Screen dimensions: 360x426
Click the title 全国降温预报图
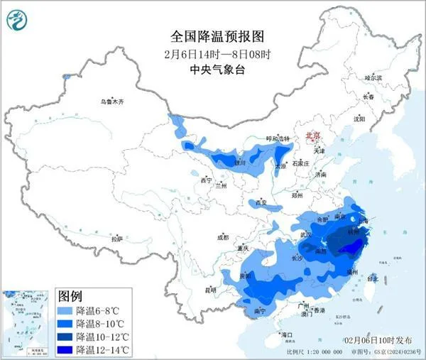(212, 35)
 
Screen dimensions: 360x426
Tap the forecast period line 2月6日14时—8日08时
(212, 53)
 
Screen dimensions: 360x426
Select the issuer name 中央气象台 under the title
(212, 70)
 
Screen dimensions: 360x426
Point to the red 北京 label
(312, 135)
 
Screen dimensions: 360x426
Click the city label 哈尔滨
(373, 77)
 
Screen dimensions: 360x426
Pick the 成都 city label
(224, 237)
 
